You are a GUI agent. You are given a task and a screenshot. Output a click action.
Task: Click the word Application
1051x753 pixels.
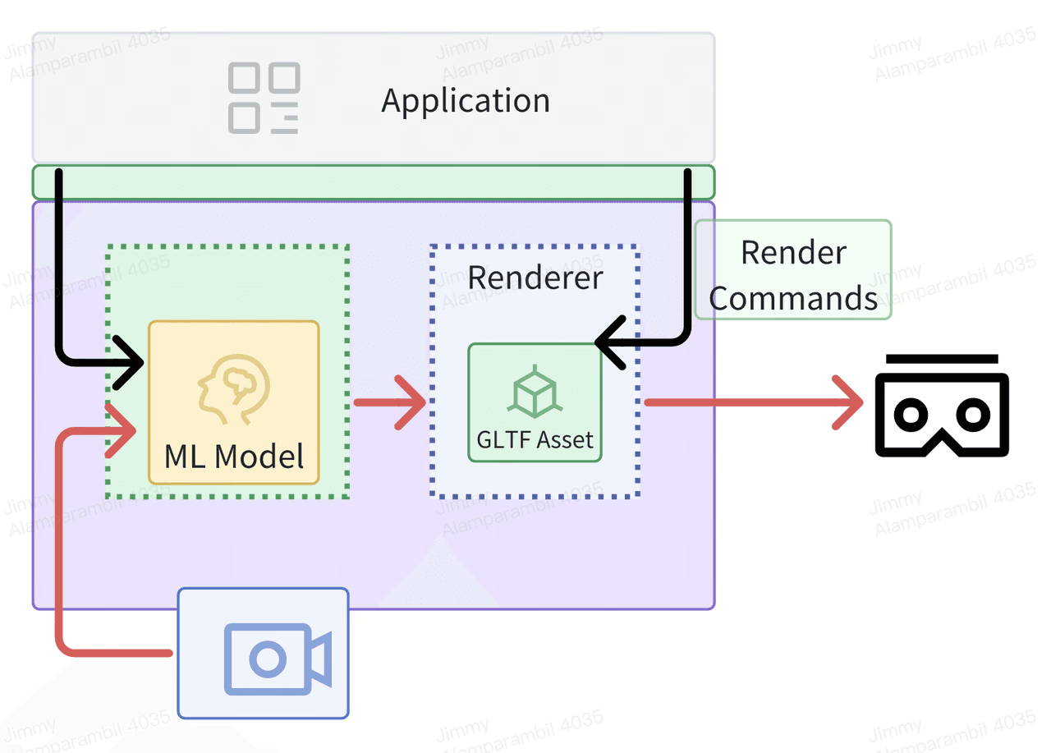click(466, 101)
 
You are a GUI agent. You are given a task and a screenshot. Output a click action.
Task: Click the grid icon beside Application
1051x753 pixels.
click(264, 99)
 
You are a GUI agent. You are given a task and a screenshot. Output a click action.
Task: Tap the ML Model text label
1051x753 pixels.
click(234, 457)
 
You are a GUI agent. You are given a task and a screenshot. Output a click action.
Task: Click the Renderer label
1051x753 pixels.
click(535, 277)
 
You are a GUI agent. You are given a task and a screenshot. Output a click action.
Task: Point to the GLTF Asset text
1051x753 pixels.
click(535, 440)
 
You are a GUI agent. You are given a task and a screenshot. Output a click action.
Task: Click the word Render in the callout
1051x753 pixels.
click(793, 252)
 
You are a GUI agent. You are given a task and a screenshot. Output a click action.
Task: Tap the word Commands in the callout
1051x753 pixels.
click(793, 298)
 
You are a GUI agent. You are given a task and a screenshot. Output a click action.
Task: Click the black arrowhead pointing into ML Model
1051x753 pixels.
click(131, 361)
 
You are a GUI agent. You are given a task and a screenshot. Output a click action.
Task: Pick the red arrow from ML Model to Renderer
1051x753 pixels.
click(391, 402)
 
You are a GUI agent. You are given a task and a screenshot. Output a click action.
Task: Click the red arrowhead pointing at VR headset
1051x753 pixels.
click(850, 402)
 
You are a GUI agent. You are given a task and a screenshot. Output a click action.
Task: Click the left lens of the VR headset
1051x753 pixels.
click(911, 415)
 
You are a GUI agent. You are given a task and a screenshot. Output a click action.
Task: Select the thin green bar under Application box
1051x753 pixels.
click(374, 181)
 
